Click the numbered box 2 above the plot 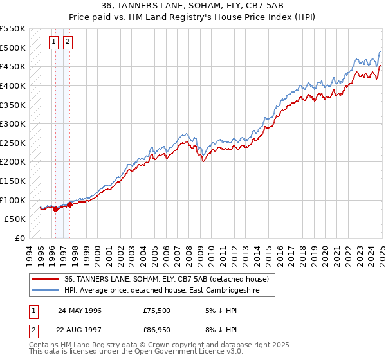point(67,43)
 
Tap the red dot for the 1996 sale point(55,209)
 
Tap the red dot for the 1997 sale point(69,204)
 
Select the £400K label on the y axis point(12,85)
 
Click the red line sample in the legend point(46,278)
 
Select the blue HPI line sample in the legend point(46,290)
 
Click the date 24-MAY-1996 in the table point(79,310)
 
